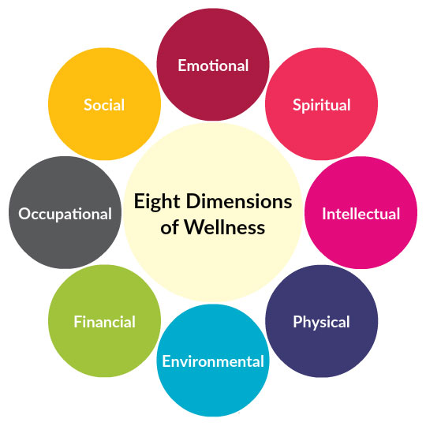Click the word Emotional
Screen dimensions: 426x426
(x=213, y=65)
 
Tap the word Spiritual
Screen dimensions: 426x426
(x=321, y=105)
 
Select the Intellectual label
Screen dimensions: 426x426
(x=361, y=214)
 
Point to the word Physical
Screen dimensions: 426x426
(x=321, y=322)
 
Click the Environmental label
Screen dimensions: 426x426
(x=213, y=362)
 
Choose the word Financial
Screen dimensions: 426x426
(x=104, y=322)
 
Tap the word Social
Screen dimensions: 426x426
(x=104, y=105)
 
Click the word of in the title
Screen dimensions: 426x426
(x=170, y=228)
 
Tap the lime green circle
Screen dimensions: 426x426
(x=104, y=347)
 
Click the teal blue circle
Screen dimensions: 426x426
(x=213, y=390)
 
